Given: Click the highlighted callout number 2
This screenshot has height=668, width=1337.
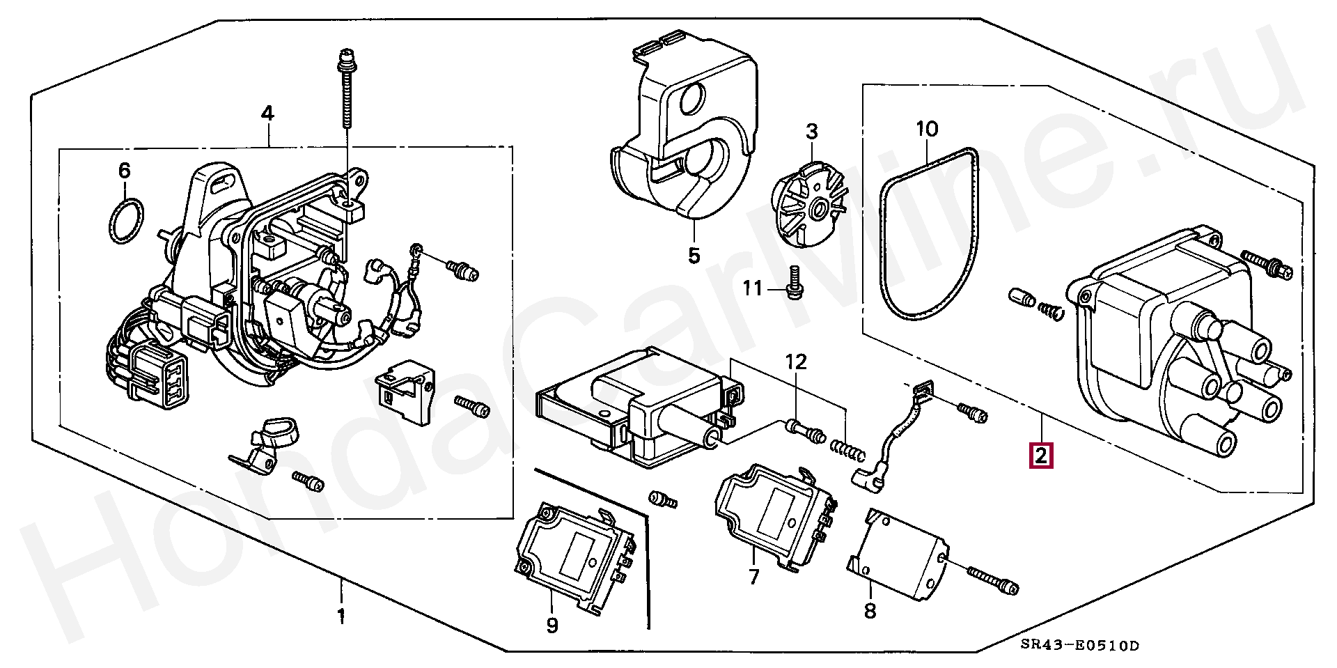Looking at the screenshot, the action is (1041, 456).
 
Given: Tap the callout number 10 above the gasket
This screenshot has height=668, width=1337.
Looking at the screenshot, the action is (927, 129).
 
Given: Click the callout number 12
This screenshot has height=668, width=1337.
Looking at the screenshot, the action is (796, 362).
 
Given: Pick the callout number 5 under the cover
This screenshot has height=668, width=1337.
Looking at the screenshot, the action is (694, 256).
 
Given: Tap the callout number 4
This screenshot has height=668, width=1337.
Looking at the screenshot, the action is (267, 114).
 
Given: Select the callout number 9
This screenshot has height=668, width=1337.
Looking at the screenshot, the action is (552, 626).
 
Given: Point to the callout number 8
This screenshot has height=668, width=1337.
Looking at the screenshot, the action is (870, 611).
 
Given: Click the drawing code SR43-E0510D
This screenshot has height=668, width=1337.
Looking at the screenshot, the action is (1080, 646).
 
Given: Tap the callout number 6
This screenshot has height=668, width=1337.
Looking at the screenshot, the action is (124, 171).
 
